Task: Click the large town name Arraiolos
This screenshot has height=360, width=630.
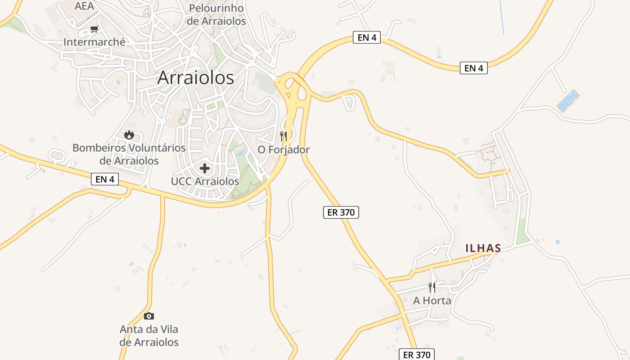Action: tap(196, 78)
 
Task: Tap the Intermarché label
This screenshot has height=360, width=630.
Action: tap(94, 42)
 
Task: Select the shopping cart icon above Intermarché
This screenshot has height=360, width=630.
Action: tap(94, 29)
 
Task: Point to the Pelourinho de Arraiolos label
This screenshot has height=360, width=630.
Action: tap(217, 14)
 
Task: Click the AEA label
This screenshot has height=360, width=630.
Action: tap(84, 6)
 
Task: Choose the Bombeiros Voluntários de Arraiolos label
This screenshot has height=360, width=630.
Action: tap(129, 154)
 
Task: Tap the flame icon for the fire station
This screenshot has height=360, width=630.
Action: tap(129, 135)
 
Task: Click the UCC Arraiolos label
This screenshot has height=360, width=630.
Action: tap(205, 181)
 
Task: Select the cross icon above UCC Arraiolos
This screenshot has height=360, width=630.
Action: tap(205, 168)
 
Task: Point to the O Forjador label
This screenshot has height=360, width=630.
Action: tap(283, 149)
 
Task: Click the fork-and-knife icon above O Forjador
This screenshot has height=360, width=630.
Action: tap(283, 135)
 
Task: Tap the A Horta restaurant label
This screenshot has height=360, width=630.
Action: tap(432, 300)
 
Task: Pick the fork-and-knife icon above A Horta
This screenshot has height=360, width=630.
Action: tap(432, 287)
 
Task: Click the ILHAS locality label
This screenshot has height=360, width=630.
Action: tap(483, 248)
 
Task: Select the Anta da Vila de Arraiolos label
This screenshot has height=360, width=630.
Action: tap(149, 336)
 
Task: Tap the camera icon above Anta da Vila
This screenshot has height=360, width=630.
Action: tap(149, 316)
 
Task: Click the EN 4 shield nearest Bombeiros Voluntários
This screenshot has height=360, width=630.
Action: tap(105, 179)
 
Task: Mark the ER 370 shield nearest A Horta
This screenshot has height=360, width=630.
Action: tap(417, 355)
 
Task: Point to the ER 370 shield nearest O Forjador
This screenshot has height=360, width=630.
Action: tap(341, 212)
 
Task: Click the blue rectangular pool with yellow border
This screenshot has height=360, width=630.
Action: tap(568, 100)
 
